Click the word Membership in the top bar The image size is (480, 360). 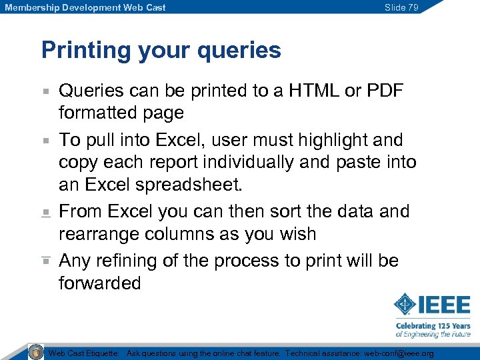click(29, 7)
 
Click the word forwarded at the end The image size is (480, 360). click(100, 283)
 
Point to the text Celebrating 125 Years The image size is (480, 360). click(433, 325)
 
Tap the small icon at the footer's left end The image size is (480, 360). click(35, 352)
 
